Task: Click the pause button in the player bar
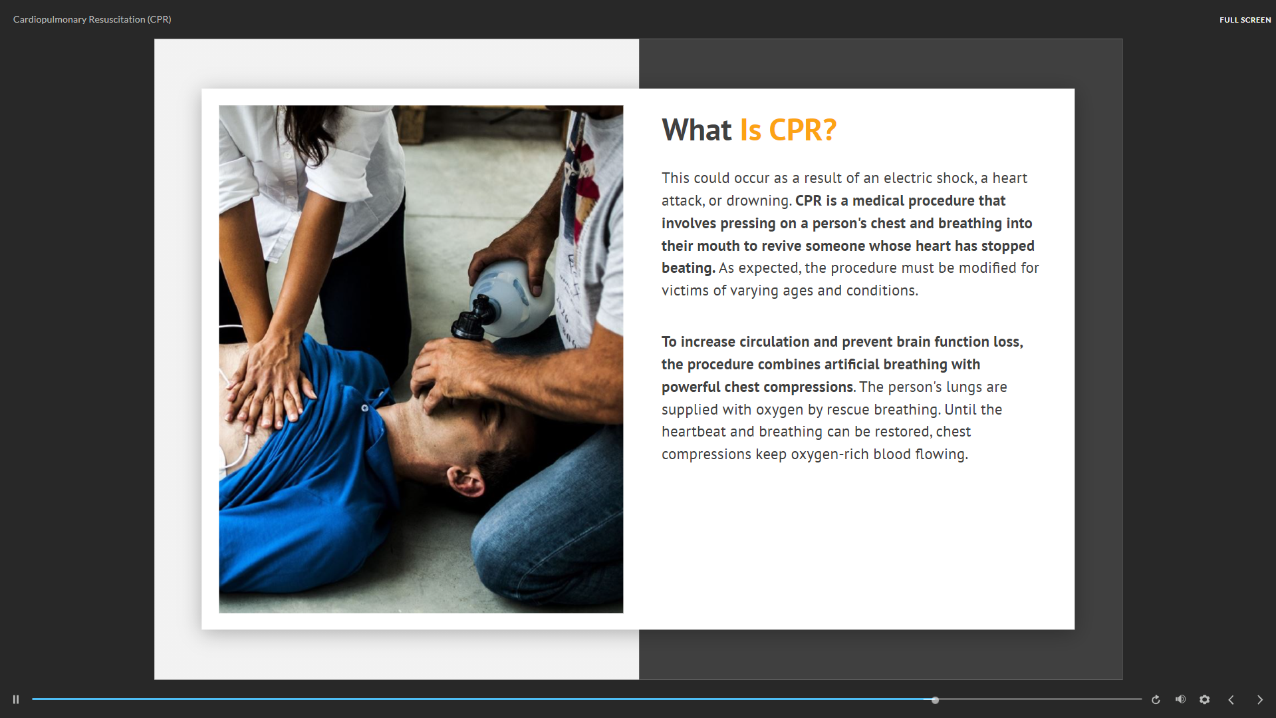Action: pos(16,699)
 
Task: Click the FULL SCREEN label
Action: pos(1245,20)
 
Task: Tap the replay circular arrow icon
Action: pos(1156,699)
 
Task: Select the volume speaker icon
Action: pos(1180,699)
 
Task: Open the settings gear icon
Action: pos(1204,699)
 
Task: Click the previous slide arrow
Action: pos(1231,699)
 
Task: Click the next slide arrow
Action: pos(1259,699)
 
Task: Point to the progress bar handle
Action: pos(935,700)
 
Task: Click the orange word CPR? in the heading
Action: pos(803,130)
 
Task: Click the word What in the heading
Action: pos(696,130)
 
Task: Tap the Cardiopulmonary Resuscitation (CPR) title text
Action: pos(92,19)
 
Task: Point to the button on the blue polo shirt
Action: pos(364,408)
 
